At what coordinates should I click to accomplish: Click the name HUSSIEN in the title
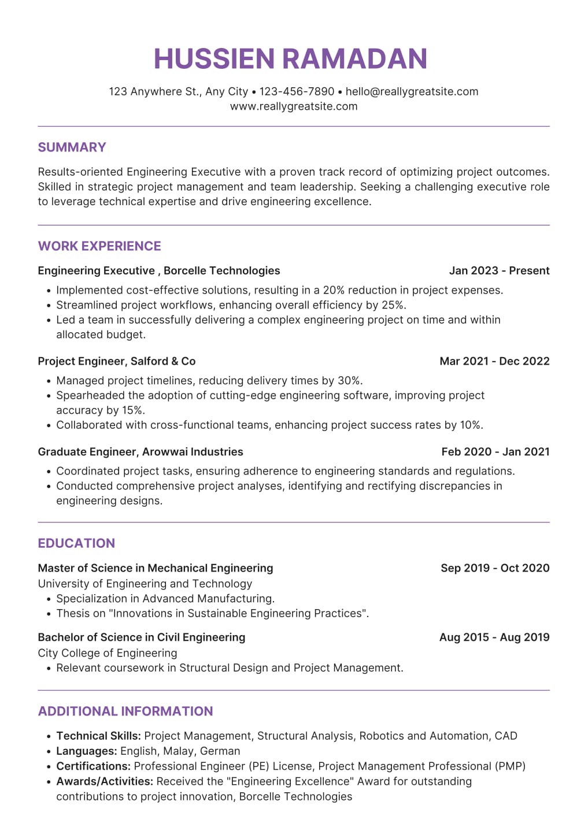point(214,59)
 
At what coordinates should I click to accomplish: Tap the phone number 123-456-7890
point(297,91)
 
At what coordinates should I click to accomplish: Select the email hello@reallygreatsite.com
point(412,91)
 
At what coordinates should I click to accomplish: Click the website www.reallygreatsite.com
point(294,106)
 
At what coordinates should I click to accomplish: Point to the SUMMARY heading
point(72,147)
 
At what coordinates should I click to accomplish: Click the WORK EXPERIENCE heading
point(99,246)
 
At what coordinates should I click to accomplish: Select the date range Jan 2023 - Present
point(499,270)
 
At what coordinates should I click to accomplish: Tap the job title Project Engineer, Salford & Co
point(117,361)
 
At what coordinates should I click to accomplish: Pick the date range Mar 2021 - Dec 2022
point(494,361)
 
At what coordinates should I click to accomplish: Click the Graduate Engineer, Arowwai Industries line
point(140,452)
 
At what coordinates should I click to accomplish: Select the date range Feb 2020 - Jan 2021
point(495,452)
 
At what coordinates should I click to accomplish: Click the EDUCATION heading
point(76,543)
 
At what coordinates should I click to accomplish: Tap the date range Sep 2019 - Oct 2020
point(495,568)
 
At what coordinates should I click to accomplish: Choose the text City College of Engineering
point(108,653)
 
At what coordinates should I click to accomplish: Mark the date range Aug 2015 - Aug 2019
point(494,637)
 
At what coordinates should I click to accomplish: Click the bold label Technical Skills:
point(98,736)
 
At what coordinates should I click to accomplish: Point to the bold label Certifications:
point(93,766)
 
